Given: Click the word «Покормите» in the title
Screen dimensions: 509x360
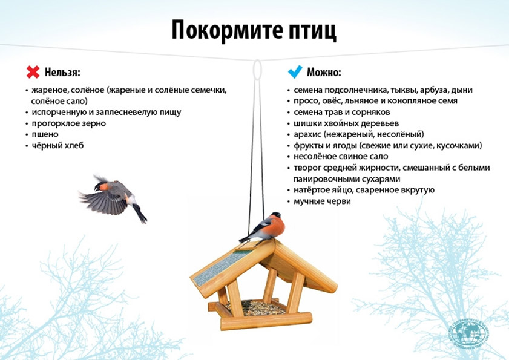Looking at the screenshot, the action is click(227, 30).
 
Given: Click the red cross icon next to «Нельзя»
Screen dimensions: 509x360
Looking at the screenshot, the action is click(33, 72).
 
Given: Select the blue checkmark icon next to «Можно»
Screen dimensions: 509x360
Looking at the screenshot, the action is click(295, 72).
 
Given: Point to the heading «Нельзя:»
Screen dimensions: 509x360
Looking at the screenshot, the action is click(62, 72).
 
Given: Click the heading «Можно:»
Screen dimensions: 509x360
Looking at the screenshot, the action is click(324, 72).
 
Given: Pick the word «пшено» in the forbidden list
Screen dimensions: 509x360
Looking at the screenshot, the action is click(45, 134).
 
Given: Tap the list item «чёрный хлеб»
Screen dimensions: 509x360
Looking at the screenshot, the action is click(57, 145).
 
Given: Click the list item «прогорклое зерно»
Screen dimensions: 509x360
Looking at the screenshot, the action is click(69, 123).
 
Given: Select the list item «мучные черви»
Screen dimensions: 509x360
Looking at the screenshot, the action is click(322, 201).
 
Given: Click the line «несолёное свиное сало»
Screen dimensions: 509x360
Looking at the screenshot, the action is click(341, 157).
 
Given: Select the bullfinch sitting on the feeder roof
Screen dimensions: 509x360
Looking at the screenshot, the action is click(264, 227).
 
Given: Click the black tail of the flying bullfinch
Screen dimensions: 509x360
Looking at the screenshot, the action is click(140, 213).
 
